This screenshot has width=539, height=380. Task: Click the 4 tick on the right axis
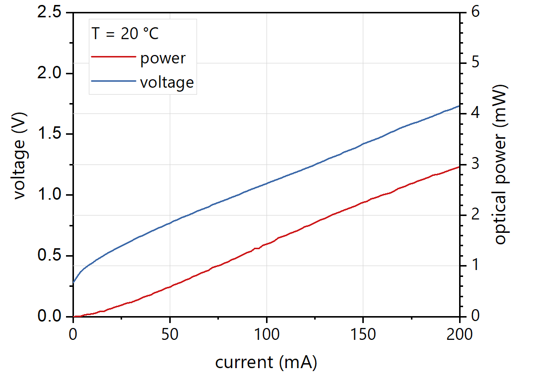coord(470,113)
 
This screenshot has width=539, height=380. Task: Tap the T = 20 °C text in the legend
coord(125,34)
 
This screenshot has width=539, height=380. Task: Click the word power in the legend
coord(162,58)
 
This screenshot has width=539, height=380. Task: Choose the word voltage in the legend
coord(166,82)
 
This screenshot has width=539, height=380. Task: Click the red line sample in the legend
coord(113,57)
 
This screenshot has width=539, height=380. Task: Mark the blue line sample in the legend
coord(113,81)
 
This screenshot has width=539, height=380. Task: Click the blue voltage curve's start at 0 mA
coord(73,283)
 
